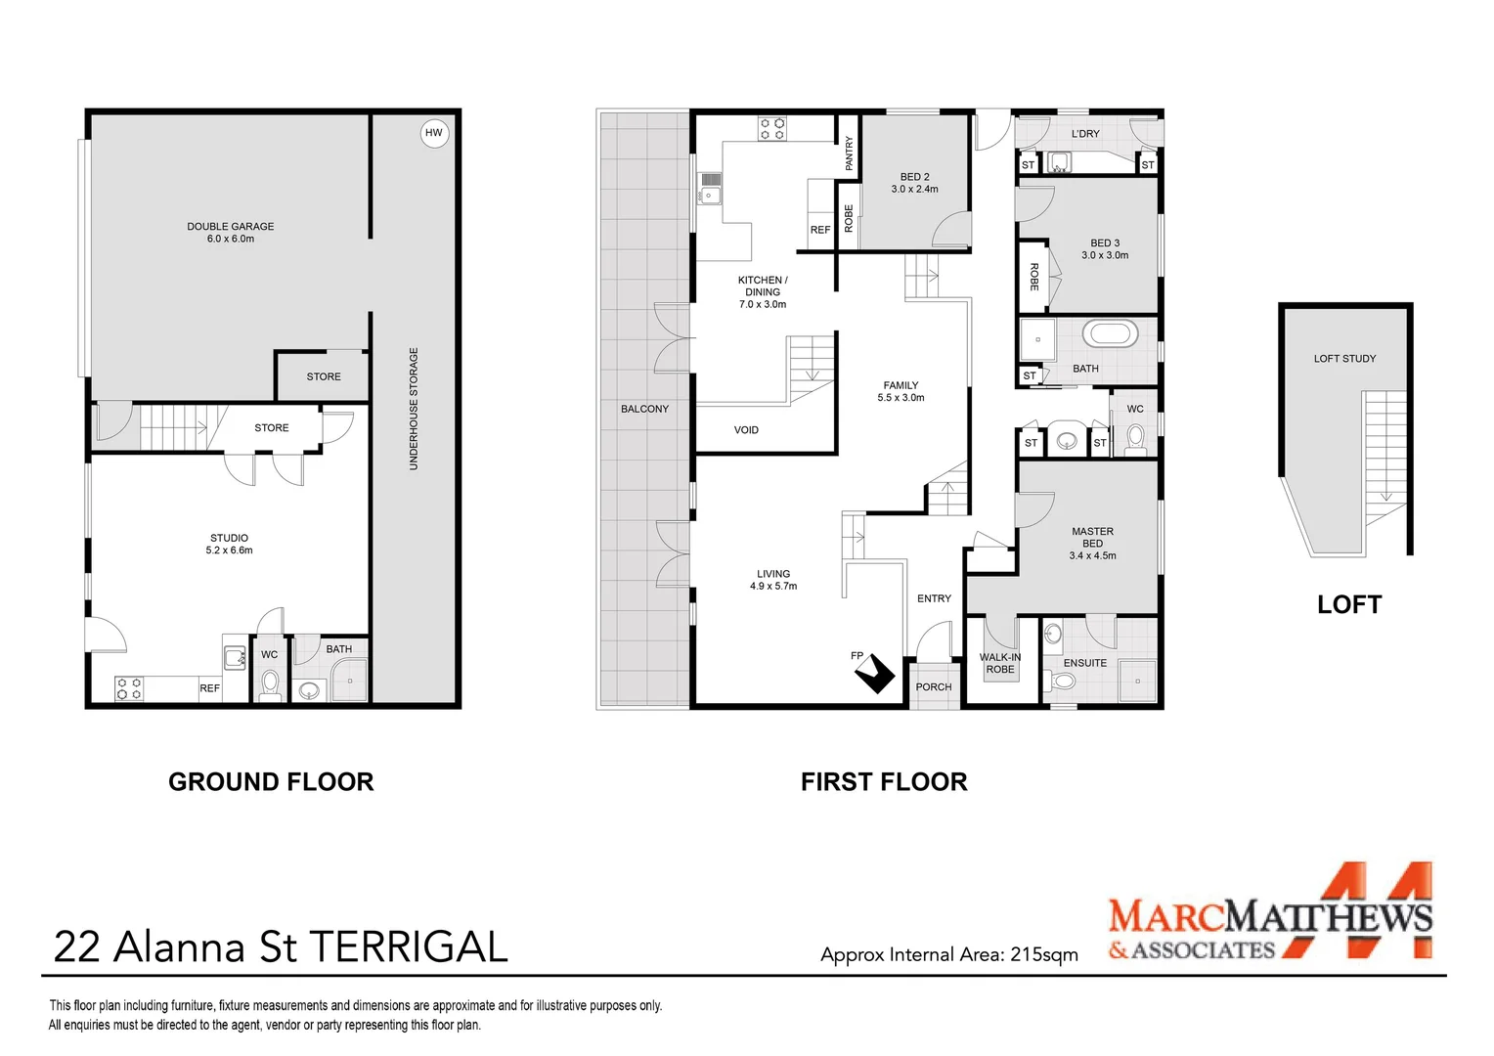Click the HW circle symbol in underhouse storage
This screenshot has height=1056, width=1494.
(x=434, y=133)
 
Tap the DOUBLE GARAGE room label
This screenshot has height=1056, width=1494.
(x=230, y=226)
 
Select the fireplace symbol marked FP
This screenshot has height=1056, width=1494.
(x=874, y=674)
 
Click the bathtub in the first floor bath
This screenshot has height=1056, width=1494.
(x=1110, y=334)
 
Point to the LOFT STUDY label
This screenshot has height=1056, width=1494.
(x=1344, y=359)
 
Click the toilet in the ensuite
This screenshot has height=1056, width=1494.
(x=1061, y=682)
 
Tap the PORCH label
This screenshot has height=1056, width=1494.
(x=933, y=687)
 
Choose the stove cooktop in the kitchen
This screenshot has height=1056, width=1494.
(x=772, y=129)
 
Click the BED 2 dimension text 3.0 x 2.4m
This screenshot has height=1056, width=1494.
(x=914, y=190)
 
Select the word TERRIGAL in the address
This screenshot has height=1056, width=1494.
(x=409, y=947)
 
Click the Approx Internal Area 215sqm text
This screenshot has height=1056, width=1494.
(x=949, y=954)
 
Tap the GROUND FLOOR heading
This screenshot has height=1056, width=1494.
(x=271, y=782)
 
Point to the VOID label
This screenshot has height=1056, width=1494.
(x=746, y=430)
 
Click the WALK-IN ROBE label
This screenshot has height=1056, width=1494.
(x=1000, y=663)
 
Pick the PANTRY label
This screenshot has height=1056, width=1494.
(x=849, y=154)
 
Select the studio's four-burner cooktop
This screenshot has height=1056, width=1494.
(x=129, y=689)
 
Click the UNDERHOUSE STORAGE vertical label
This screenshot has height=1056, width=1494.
(x=414, y=409)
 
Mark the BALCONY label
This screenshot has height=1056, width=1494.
(x=644, y=409)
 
